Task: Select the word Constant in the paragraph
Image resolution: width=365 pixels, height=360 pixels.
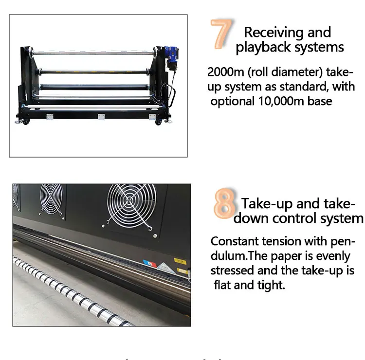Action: coord(236,241)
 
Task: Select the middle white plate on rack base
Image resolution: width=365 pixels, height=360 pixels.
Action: coord(101,117)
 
